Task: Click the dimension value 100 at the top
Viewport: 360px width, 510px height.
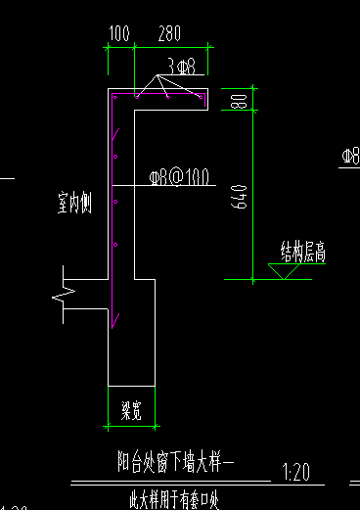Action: pos(119,34)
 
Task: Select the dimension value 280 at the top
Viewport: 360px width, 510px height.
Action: pos(170,34)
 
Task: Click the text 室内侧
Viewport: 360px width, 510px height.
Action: pos(74,204)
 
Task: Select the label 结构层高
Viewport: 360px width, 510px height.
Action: pos(302,255)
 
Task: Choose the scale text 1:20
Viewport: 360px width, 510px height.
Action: pos(293,473)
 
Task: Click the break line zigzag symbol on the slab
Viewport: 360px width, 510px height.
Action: pos(66,292)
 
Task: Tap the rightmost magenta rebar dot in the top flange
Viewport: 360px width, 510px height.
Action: pos(200,98)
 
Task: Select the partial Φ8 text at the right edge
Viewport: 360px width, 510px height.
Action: pos(351,156)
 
